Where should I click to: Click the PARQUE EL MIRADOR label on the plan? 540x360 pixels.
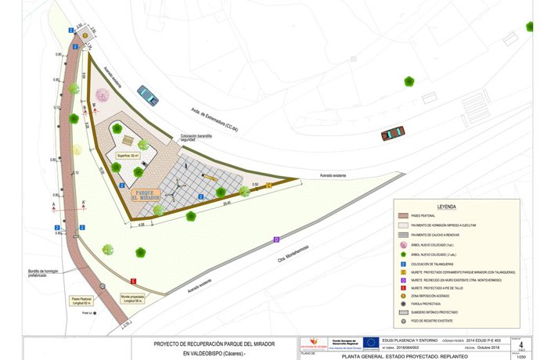pyautogui.click(x=144, y=194)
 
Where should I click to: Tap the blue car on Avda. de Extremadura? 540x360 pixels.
pyautogui.click(x=147, y=95)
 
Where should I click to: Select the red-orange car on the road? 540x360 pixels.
pyautogui.click(x=393, y=134)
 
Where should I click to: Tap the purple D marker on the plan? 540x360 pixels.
pyautogui.click(x=276, y=239)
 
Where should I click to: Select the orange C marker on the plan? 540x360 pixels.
pyautogui.click(x=269, y=185)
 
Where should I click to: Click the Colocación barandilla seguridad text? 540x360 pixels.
pyautogui.click(x=196, y=138)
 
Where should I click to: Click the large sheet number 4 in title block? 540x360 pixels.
pyautogui.click(x=521, y=343)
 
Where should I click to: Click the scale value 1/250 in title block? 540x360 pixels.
pyautogui.click(x=521, y=356)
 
